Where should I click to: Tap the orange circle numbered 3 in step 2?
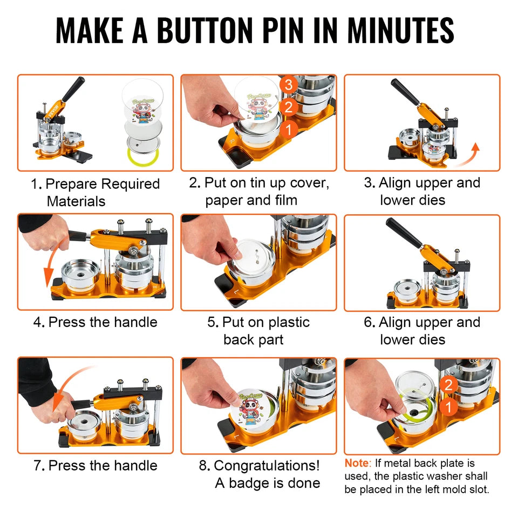(x=289, y=85)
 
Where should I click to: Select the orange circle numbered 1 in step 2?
(x=289, y=129)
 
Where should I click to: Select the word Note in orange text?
(x=356, y=463)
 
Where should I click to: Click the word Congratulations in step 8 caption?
(x=267, y=465)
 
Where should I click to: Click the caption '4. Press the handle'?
(x=95, y=323)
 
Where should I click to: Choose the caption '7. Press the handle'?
(x=95, y=465)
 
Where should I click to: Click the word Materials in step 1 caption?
(x=76, y=201)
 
